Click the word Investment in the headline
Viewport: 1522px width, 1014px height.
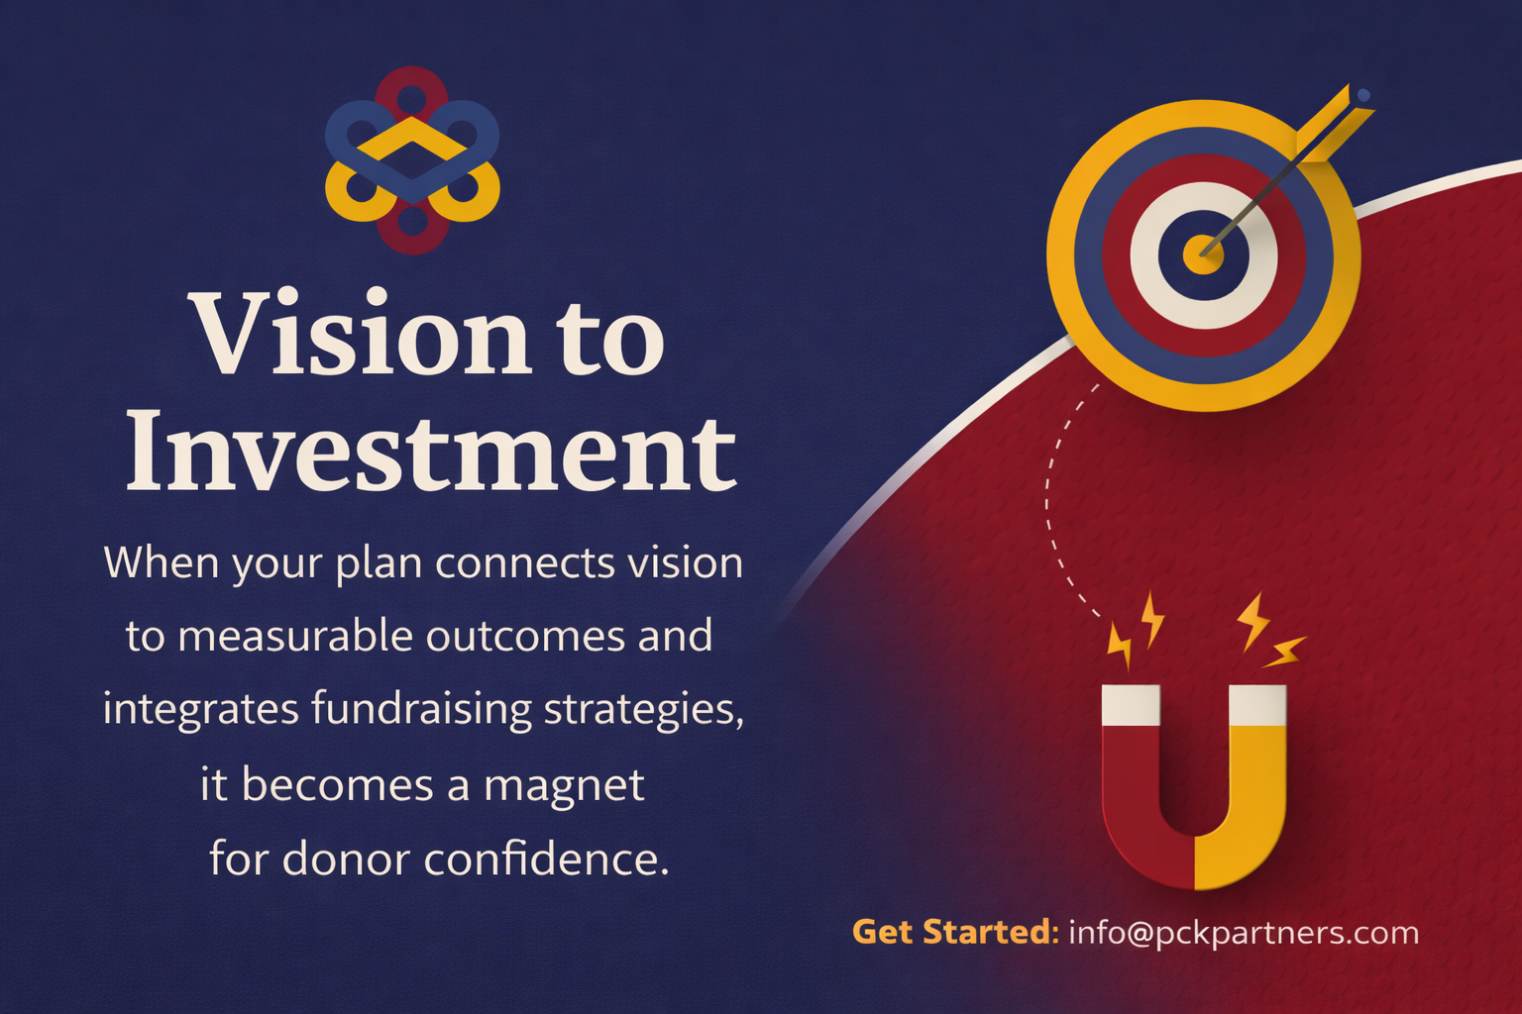(430, 452)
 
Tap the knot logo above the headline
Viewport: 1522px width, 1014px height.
(412, 160)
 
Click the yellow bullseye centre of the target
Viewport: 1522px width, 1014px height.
(1202, 254)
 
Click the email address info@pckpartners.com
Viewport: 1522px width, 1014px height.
(1243, 933)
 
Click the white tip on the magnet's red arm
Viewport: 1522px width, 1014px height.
(1131, 703)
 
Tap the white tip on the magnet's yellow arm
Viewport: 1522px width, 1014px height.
(1257, 703)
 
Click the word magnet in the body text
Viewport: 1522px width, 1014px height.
(564, 786)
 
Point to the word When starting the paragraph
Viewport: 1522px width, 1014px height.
(162, 562)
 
